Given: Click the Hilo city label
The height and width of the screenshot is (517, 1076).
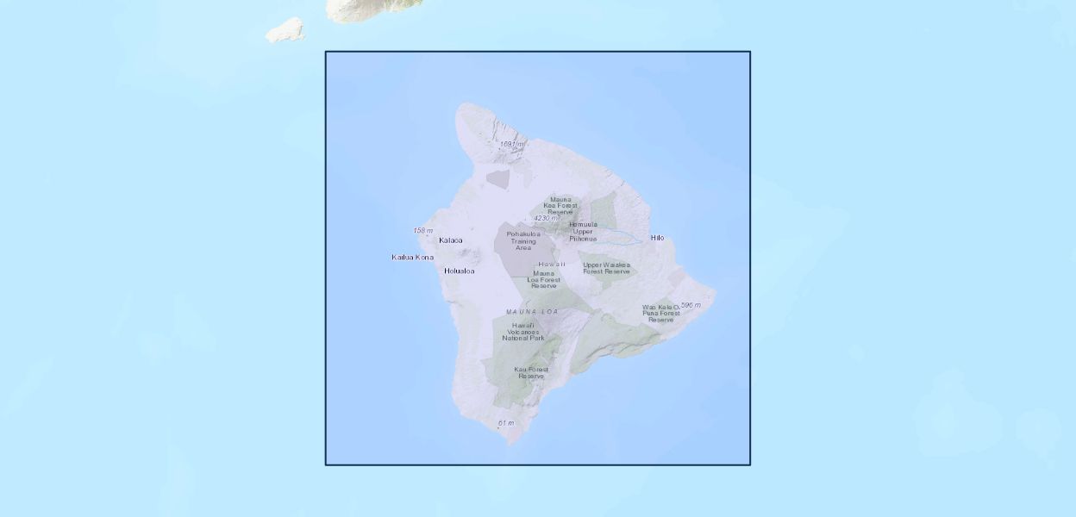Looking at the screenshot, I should pos(657,238).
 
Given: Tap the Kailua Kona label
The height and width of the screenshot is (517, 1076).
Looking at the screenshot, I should pos(412,257).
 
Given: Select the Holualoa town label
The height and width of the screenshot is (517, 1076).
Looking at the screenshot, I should pos(459,271).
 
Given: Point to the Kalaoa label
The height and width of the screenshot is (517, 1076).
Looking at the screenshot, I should pos(450,240).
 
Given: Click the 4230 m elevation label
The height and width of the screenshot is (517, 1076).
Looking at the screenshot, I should pos(545,218).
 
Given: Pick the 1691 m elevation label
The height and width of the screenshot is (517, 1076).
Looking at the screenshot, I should pos(511,144).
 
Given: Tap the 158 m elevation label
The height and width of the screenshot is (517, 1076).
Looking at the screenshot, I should pos(422,230).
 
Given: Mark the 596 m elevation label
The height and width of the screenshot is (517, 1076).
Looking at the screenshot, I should pos(691,305).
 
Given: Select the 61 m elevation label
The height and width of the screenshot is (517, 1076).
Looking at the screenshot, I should pos(505,423).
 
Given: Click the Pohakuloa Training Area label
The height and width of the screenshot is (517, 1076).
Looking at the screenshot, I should pos(523,240).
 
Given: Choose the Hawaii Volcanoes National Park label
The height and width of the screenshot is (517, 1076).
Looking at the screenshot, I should pos(523,332).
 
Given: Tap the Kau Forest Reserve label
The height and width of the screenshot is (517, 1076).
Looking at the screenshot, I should pos(531,373).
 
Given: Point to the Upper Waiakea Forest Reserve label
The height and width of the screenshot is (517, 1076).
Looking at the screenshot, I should pos(606,268).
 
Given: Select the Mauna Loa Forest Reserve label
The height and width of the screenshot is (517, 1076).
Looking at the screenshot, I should pos(544,279).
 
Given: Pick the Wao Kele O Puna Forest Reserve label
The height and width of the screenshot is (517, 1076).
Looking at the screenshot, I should pos(660,313).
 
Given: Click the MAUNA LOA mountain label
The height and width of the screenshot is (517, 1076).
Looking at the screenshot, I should pos(532,311).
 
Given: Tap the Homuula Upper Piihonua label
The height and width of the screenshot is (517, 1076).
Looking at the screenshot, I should pos(583,231).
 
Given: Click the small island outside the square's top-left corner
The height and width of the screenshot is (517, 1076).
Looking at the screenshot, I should pos(285,32).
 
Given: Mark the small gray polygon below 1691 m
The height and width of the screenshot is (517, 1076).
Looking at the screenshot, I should pos(498,179).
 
